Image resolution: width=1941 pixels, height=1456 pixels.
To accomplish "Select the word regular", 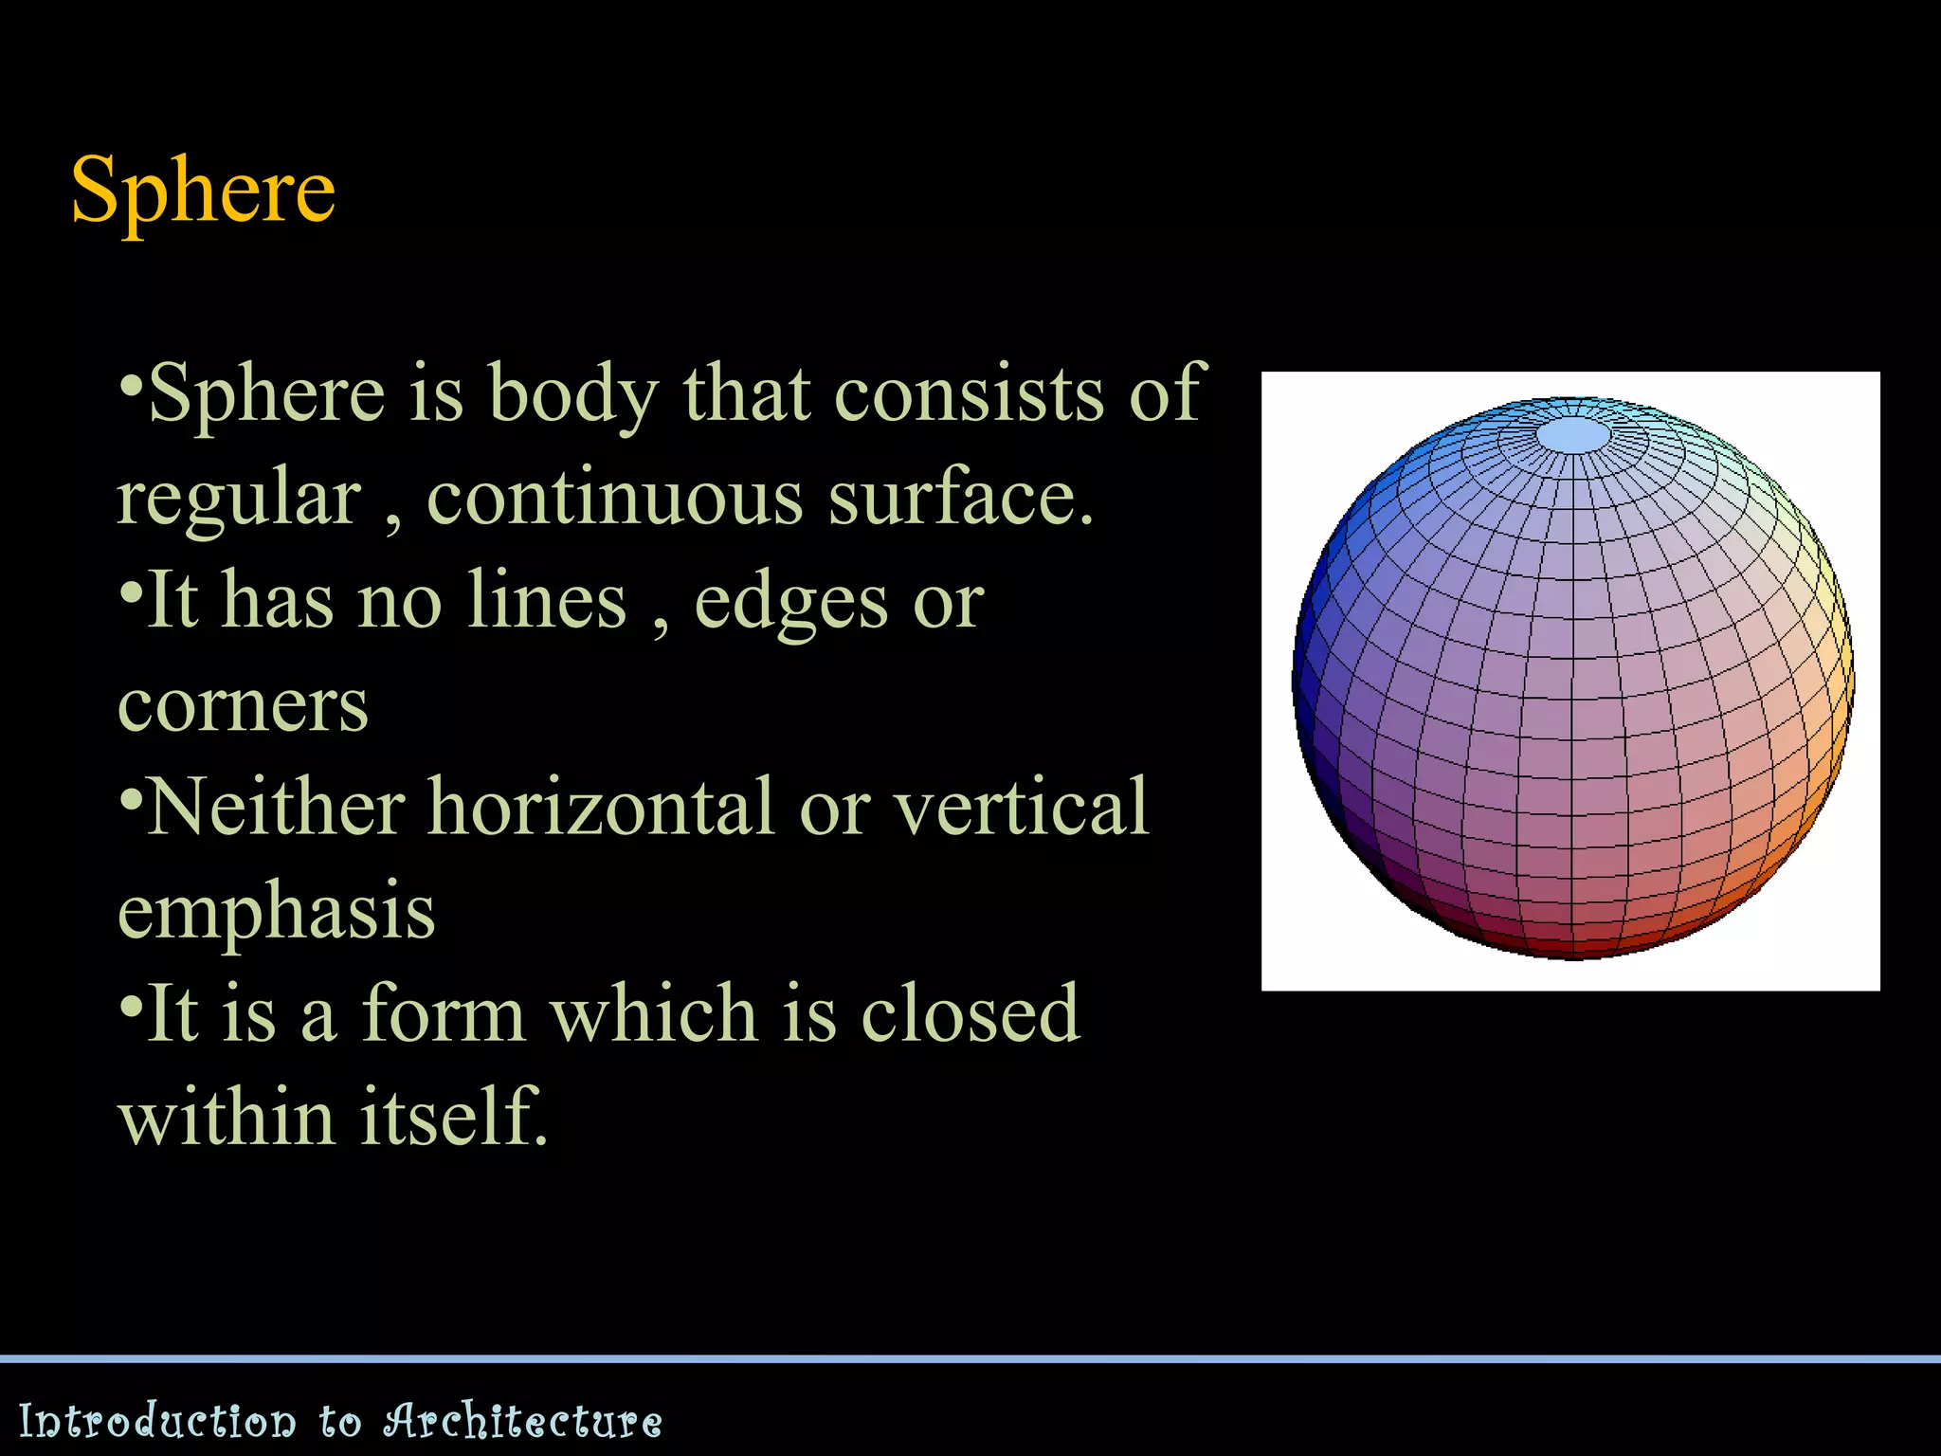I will click(239, 500).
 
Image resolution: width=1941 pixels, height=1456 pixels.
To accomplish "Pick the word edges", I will click(790, 603).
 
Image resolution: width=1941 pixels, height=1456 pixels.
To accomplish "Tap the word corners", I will click(243, 706).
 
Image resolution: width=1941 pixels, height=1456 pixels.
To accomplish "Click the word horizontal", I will click(601, 808).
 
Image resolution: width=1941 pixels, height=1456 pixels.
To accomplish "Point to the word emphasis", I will click(276, 913).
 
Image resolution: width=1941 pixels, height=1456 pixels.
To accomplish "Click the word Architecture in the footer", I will click(522, 1421).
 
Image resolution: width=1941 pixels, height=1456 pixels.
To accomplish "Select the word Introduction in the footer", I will click(157, 1421).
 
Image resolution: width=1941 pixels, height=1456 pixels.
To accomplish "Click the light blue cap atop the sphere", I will click(1572, 436).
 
